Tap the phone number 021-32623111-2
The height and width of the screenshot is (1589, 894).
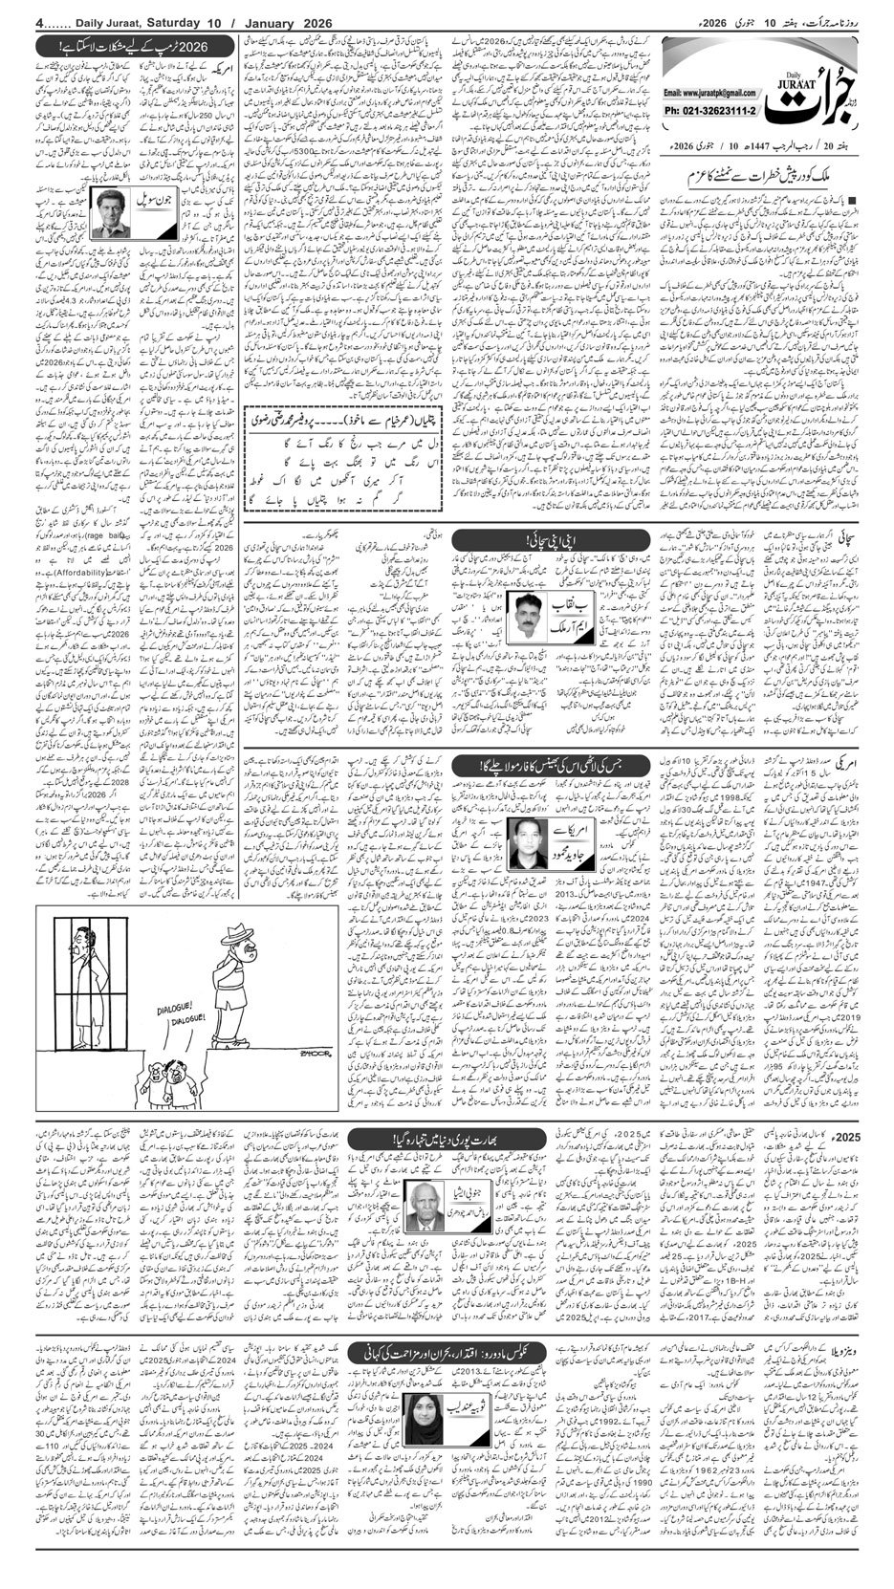[x=710, y=111]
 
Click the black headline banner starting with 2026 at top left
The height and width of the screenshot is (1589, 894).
[x=135, y=45]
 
